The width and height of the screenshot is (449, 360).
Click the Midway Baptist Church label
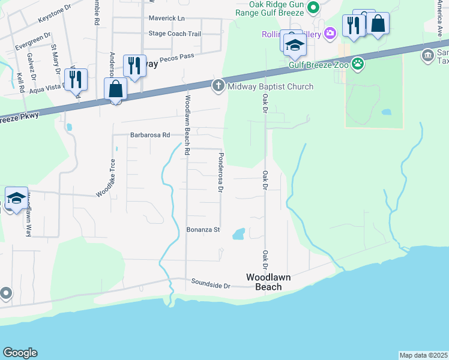[x=270, y=86]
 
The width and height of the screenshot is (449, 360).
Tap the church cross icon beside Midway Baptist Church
[x=218, y=86]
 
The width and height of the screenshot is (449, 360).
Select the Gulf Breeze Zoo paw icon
[x=358, y=63]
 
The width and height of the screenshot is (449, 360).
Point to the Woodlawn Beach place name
[x=264, y=282]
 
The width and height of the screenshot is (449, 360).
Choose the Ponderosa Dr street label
[x=220, y=172]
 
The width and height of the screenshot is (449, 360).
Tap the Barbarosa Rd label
[x=150, y=136]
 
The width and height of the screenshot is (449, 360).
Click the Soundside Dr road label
[x=211, y=283]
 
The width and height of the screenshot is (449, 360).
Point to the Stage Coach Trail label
[x=174, y=34]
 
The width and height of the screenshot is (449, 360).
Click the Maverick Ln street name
[x=167, y=18]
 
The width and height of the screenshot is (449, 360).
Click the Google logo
[x=20, y=353]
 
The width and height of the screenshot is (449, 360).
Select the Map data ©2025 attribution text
[x=424, y=355]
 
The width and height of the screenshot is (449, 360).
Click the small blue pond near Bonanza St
[x=238, y=233]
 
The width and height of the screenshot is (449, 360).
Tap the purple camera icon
[x=329, y=33]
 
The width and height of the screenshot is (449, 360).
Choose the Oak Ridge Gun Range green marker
[x=312, y=7]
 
